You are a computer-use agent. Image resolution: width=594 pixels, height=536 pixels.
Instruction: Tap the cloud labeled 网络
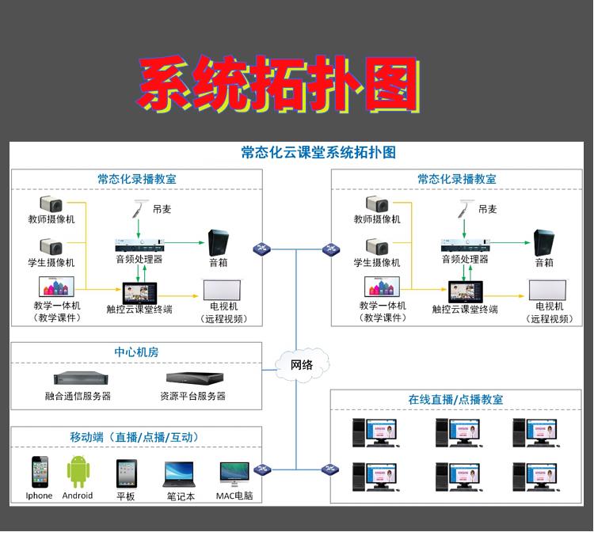tap(301, 364)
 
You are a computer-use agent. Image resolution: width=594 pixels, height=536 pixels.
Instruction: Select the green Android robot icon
tap(78, 472)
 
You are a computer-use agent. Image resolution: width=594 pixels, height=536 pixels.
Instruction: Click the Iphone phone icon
tap(39, 472)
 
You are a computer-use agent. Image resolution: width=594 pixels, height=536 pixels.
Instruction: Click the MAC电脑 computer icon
tap(235, 473)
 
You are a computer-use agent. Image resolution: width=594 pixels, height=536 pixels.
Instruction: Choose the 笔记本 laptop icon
tap(181, 474)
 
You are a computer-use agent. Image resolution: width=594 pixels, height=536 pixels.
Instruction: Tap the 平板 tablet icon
tap(126, 473)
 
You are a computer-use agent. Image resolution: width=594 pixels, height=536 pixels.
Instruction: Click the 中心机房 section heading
tap(136, 352)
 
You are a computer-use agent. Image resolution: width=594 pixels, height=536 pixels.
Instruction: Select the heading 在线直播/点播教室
tap(455, 400)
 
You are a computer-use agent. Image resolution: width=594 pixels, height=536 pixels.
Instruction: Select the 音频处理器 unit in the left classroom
tap(139, 244)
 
